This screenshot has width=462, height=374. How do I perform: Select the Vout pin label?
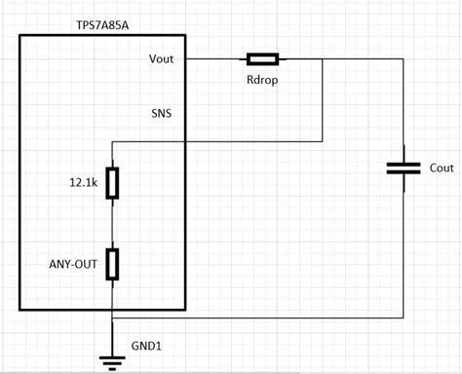pyautogui.click(x=163, y=57)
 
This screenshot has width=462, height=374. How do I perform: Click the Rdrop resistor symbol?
pyautogui.click(x=262, y=58)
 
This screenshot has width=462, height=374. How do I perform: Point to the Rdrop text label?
pyautogui.click(x=262, y=79)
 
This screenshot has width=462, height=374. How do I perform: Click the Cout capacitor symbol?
pyautogui.click(x=404, y=168)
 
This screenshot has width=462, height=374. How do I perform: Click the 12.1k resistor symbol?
pyautogui.click(x=113, y=183)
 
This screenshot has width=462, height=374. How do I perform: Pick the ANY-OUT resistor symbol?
pyautogui.click(x=113, y=263)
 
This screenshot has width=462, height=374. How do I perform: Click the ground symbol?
pyautogui.click(x=113, y=360)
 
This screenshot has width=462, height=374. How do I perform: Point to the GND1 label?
pyautogui.click(x=146, y=345)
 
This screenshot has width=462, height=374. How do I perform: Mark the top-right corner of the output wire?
pyautogui.click(x=404, y=58)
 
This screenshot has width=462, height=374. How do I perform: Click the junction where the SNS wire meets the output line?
pyautogui.click(x=323, y=58)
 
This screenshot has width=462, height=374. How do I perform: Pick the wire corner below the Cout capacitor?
pyautogui.click(x=404, y=318)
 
